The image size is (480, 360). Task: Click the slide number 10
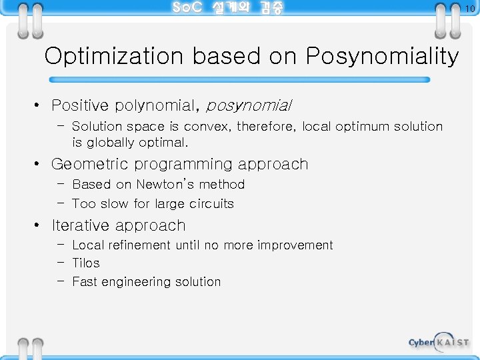coord(470,8)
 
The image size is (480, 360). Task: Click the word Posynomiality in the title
coord(382,57)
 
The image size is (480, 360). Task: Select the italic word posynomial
coord(249,105)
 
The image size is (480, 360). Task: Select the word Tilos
coord(86,263)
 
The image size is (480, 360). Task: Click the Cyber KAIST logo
coord(438,341)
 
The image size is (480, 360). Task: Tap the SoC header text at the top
coord(227,8)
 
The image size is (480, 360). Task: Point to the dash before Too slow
coord(61,203)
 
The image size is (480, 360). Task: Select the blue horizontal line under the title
coord(237,79)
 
